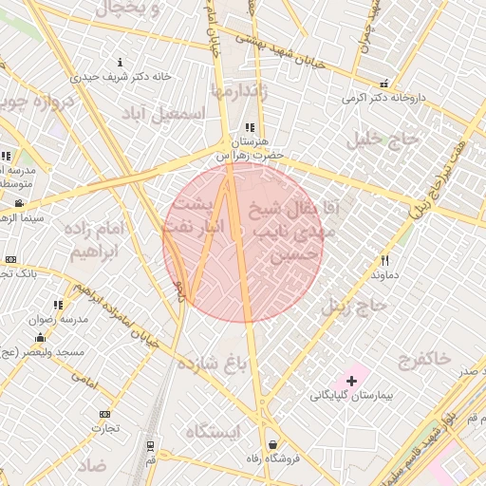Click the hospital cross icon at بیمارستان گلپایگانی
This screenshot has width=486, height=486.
[352, 381]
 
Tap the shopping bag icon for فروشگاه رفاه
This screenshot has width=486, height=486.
[273, 444]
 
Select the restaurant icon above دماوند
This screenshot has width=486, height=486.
[384, 259]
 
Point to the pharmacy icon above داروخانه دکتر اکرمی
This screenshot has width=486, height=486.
[383, 84]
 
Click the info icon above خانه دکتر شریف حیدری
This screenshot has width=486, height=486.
[119, 62]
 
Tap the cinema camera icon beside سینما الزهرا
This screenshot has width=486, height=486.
[19, 203]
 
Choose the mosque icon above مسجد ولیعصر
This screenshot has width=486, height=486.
[40, 338]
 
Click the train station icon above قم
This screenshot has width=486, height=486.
[150, 444]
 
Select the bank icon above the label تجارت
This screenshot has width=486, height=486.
[103, 414]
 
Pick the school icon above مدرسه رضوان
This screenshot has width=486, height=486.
[58, 305]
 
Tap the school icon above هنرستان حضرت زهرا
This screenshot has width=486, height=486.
[250, 126]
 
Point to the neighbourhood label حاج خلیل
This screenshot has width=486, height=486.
[372, 140]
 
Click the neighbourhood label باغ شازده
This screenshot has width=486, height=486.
[230, 362]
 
